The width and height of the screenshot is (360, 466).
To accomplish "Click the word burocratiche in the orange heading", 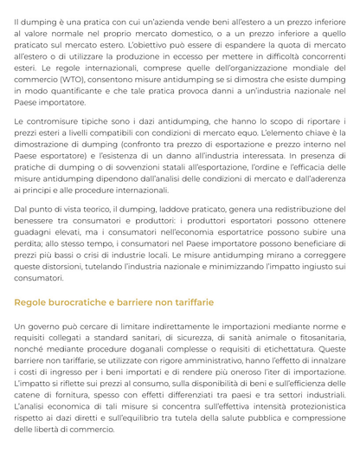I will pos(85,302).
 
